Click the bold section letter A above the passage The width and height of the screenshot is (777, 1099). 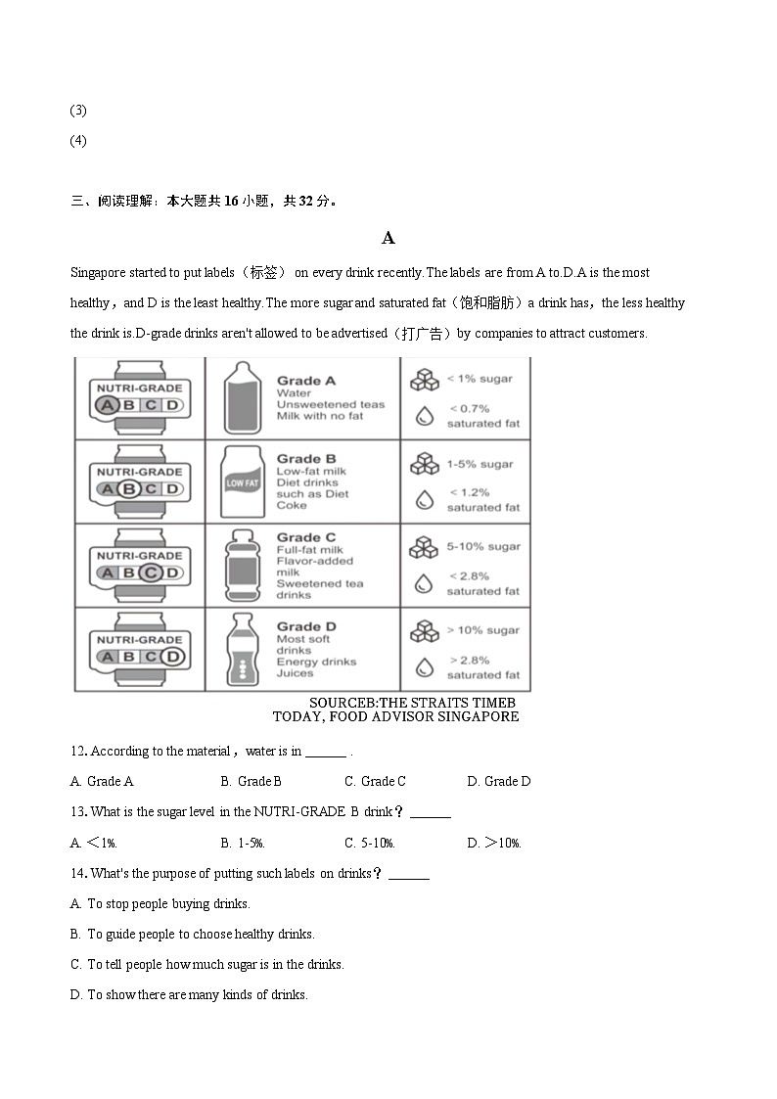click(x=388, y=238)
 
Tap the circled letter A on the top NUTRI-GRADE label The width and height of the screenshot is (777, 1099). click(x=108, y=405)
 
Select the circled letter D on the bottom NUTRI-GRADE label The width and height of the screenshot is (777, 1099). click(x=172, y=657)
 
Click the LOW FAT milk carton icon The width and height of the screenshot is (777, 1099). click(x=242, y=481)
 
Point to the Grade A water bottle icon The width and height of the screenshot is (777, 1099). click(x=241, y=397)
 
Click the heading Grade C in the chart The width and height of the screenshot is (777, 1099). click(x=305, y=537)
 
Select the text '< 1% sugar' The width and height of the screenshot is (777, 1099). click(x=480, y=379)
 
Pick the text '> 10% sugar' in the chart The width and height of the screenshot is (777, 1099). click(x=482, y=630)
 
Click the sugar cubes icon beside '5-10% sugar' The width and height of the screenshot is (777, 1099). click(x=424, y=547)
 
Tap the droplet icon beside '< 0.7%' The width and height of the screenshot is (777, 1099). click(x=424, y=416)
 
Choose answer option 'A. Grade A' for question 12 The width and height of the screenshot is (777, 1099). click(x=102, y=781)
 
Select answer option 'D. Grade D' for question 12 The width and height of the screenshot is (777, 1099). click(x=498, y=781)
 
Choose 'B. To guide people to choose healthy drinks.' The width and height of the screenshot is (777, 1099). click(x=192, y=934)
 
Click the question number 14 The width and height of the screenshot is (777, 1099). click(x=78, y=873)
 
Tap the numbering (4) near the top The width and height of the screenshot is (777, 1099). click(x=78, y=140)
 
